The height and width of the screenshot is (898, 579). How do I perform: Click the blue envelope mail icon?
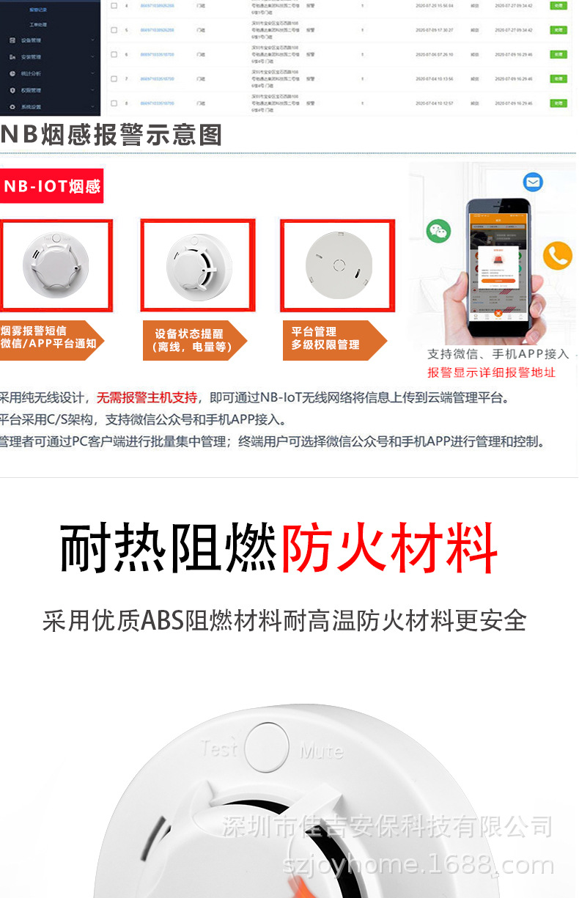(533, 182)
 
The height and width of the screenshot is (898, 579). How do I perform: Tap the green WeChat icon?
(438, 231)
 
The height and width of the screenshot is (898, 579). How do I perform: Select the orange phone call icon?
(558, 256)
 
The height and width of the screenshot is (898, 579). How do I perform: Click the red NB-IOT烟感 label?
(51, 186)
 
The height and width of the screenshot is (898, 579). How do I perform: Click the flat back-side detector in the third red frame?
(337, 265)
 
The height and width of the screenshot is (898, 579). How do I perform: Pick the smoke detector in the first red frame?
(56, 263)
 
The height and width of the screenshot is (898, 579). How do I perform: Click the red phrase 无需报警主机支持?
(147, 398)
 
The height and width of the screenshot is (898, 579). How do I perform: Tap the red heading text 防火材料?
(389, 549)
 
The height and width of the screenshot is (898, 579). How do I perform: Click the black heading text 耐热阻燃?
(169, 549)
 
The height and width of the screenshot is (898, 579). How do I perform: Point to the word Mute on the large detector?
(321, 751)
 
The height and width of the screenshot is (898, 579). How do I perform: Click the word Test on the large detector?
(220, 748)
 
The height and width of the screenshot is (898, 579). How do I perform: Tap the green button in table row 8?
(558, 103)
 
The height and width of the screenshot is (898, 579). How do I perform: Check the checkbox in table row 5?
(114, 30)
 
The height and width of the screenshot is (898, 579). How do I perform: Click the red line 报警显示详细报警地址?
(491, 372)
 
